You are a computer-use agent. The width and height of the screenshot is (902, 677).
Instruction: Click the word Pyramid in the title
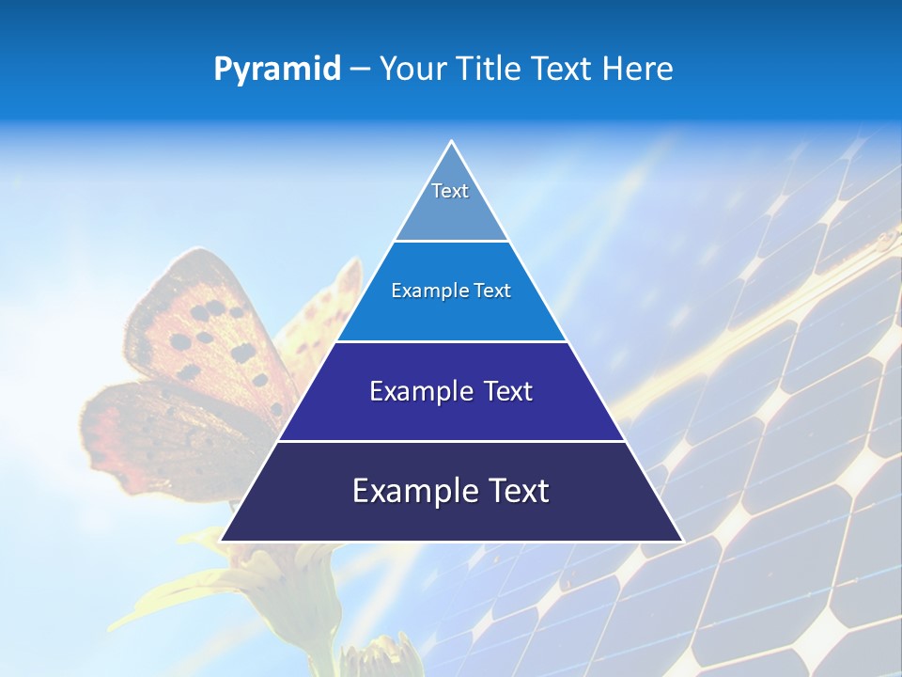tap(277, 70)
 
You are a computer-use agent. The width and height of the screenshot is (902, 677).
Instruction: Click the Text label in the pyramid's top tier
tap(450, 191)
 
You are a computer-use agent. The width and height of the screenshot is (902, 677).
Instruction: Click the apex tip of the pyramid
tap(452, 142)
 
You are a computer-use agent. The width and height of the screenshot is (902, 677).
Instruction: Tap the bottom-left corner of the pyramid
tap(221, 541)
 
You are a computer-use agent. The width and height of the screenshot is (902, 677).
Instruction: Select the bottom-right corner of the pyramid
tap(682, 541)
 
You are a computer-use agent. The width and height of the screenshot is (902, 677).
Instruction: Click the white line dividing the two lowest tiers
tap(451, 441)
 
